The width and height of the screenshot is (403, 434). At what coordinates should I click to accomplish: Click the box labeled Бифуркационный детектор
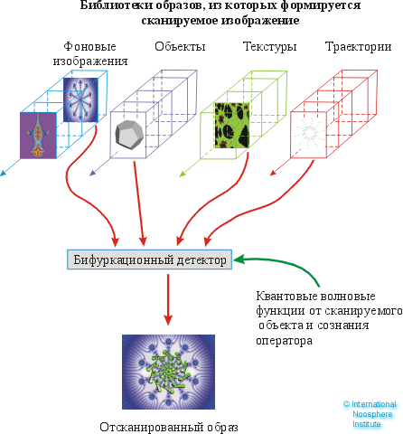150,259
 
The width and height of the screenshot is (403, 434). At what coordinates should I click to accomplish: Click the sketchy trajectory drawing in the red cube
310,135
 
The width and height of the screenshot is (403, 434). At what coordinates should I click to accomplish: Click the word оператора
284,342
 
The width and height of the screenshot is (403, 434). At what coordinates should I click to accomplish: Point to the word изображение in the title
238,20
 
